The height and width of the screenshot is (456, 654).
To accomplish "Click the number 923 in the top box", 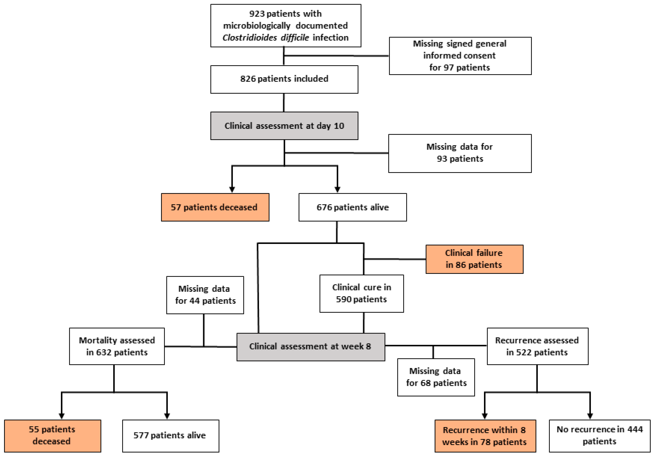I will pyautogui.click(x=257, y=14).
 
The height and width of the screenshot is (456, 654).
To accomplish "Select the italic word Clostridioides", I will pyautogui.click(x=249, y=38).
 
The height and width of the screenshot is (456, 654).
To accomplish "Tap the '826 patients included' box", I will pyautogui.click(x=284, y=79).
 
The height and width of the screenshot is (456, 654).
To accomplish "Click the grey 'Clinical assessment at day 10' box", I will pyautogui.click(x=284, y=126).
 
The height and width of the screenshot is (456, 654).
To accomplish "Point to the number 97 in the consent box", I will pyautogui.click(x=448, y=68).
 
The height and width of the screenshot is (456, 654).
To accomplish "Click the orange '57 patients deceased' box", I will pyautogui.click(x=215, y=207).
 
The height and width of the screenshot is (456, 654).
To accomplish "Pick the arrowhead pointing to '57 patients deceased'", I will pyautogui.click(x=232, y=189).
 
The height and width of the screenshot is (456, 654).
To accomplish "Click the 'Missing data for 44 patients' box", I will pyautogui.click(x=205, y=295).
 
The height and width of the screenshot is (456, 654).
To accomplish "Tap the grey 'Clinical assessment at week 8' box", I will pyautogui.click(x=310, y=347).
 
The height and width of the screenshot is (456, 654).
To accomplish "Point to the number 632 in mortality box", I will pyautogui.click(x=103, y=352).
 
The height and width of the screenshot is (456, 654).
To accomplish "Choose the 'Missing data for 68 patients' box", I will pyautogui.click(x=436, y=377).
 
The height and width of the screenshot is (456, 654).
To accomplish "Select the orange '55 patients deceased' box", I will pyautogui.click(x=52, y=436).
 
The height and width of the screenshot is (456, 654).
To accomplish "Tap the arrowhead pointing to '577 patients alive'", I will pyautogui.click(x=167, y=416).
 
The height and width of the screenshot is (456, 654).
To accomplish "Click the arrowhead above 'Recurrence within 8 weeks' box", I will pyautogui.click(x=484, y=416).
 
